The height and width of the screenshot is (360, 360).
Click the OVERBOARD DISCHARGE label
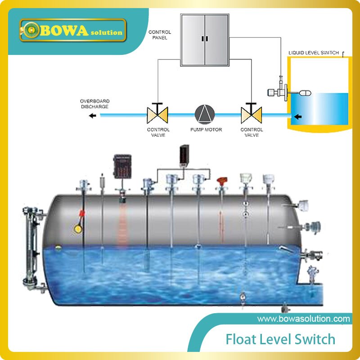click(94, 103)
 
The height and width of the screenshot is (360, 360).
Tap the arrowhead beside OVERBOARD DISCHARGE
click(92, 116)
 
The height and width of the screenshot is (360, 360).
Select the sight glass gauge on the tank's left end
click(31, 245)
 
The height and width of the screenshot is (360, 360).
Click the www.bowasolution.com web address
click(303, 319)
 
